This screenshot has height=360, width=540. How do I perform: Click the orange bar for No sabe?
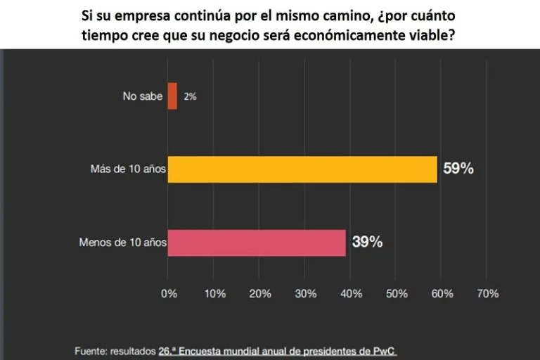tap(172, 96)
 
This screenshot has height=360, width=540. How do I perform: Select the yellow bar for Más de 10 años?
tap(302, 169)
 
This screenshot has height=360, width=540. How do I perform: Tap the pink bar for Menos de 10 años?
tap(257, 243)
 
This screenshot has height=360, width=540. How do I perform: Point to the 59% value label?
tap(458, 169)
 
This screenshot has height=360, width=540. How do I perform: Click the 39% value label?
tap(367, 243)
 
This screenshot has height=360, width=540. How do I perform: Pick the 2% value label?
tap(190, 96)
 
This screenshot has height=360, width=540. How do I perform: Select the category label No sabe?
tap(142, 96)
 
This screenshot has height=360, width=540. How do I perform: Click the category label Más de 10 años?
tap(129, 169)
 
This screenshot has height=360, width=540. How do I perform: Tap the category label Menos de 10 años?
tap(123, 243)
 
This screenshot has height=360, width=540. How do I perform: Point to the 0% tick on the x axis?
tap(169, 294)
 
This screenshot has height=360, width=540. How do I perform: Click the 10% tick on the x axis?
tap(214, 294)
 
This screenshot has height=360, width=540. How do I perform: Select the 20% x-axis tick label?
tap(260, 294)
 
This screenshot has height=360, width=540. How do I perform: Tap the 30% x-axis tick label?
tap(306, 294)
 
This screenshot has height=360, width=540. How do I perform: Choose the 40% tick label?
tap(351, 294)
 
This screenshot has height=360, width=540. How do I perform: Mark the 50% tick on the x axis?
tap(397, 294)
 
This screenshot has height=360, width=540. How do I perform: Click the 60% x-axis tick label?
tap(442, 294)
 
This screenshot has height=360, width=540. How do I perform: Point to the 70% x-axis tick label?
tap(487, 294)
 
